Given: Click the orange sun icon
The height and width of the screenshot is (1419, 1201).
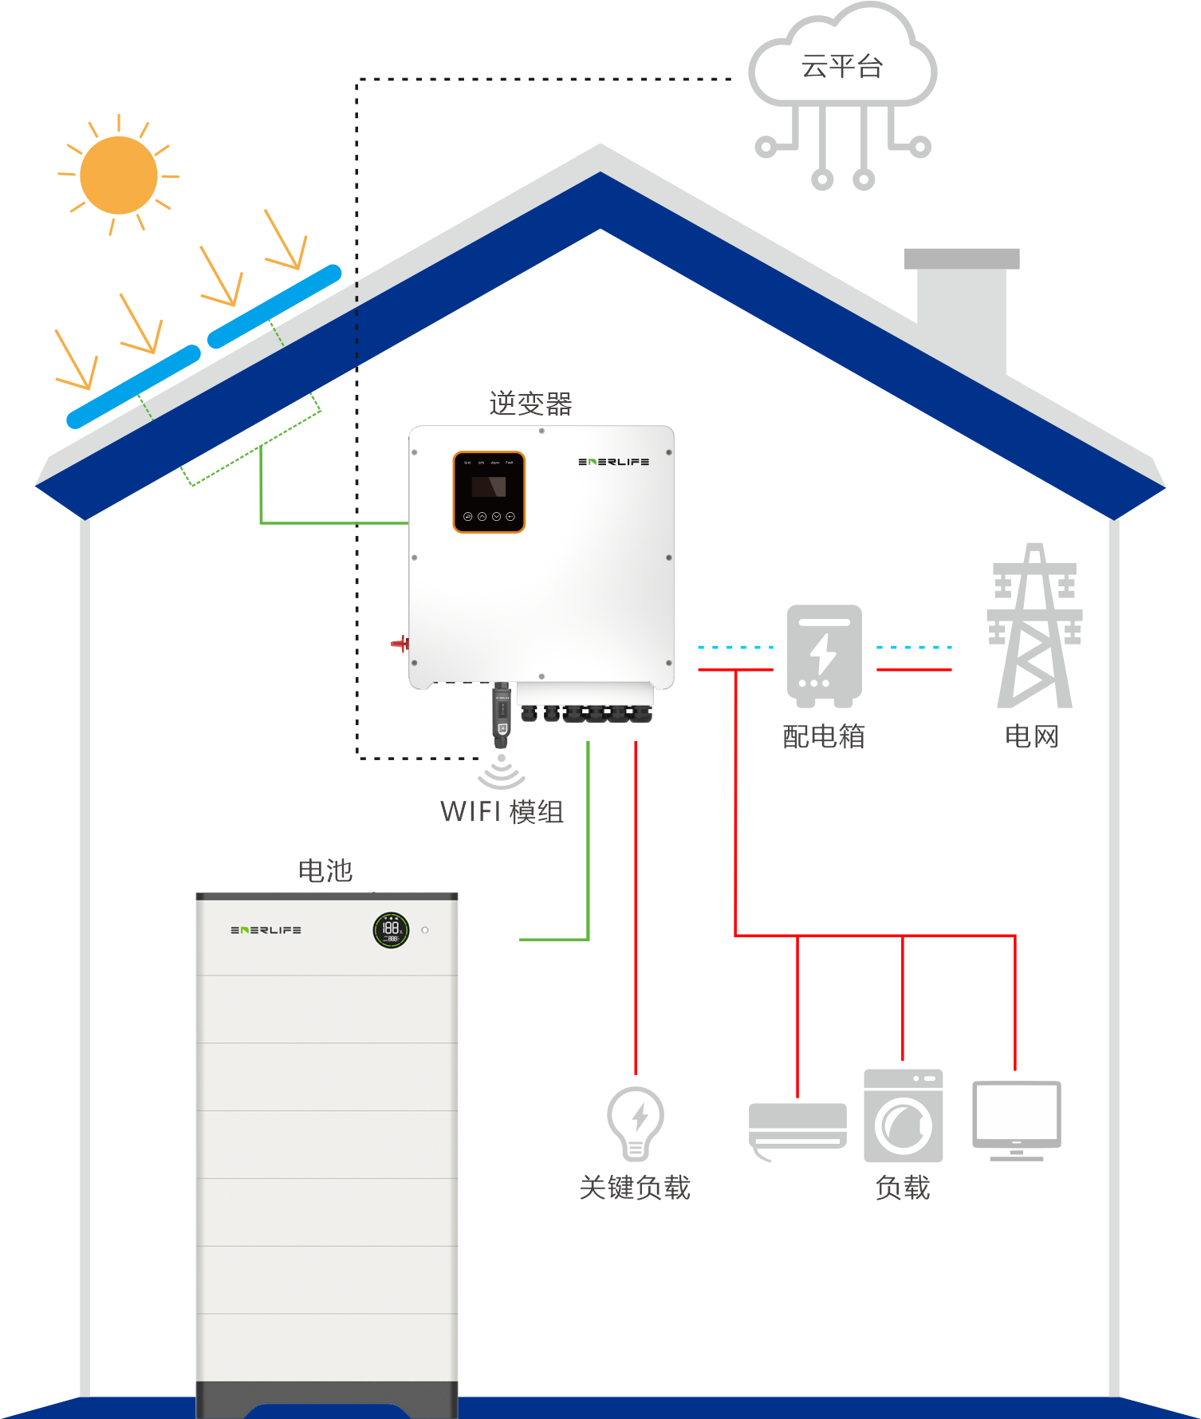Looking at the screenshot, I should (x=119, y=175).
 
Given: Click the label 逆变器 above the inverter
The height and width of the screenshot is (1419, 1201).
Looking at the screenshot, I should (x=530, y=404).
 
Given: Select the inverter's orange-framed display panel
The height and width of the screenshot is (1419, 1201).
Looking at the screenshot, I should (x=489, y=491).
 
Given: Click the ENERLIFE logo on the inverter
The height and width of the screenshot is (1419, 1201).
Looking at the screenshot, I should (x=613, y=462).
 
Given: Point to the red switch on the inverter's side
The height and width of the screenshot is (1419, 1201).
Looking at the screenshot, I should (x=400, y=643).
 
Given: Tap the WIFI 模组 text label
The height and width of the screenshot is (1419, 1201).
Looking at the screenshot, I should (x=502, y=812).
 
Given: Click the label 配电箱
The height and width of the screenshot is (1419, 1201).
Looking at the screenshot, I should (x=824, y=736).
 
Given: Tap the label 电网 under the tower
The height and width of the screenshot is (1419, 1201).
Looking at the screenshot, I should (x=1032, y=736).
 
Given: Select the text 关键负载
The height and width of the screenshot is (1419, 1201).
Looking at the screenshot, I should (x=635, y=1188).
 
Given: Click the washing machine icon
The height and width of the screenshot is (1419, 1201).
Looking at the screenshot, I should (x=903, y=1116).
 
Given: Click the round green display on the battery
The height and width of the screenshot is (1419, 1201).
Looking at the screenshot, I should (x=391, y=929).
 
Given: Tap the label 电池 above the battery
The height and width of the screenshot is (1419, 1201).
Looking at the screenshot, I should (x=325, y=870).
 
